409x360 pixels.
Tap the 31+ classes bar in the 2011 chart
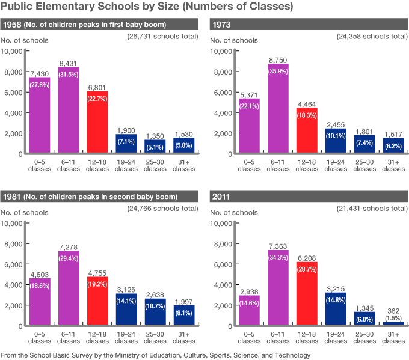(393, 323)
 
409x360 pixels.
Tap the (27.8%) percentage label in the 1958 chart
(40, 85)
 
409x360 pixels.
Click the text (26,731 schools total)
(162, 37)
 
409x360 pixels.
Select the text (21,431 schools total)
(372, 209)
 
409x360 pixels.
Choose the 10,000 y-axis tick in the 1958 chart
(12, 52)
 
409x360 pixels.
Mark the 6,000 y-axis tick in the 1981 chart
(14, 264)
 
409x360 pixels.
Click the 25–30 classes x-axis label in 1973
(364, 166)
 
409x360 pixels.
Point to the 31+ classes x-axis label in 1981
(184, 338)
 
